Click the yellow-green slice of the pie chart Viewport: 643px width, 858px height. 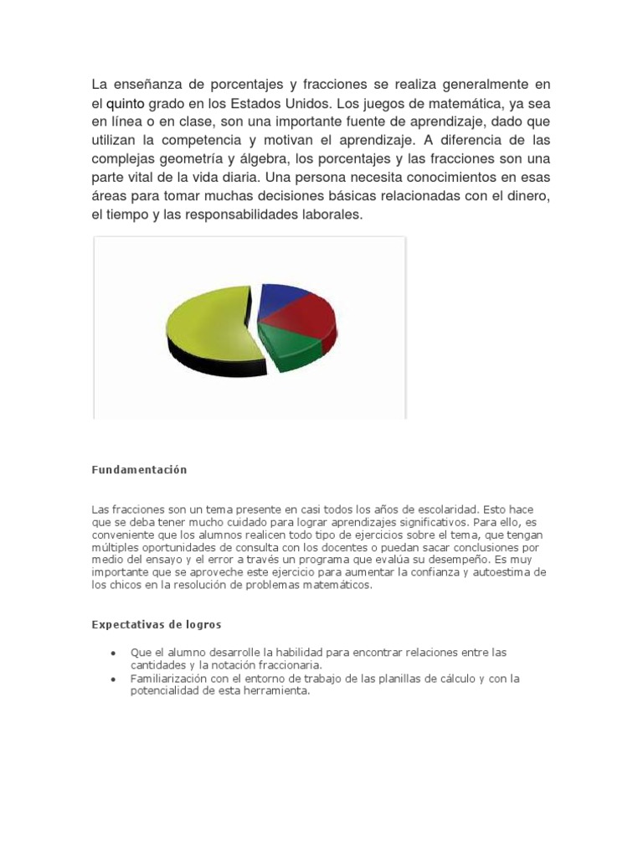205,323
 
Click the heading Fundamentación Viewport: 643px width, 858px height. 139,470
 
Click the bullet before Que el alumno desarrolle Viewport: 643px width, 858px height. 113,653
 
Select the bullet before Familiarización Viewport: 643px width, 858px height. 113,679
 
